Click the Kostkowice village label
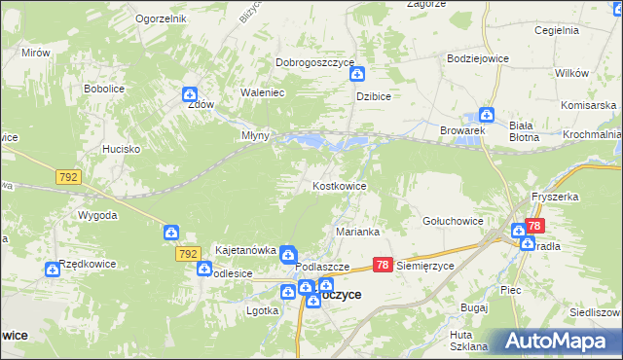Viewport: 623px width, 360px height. pyautogui.click(x=339, y=185)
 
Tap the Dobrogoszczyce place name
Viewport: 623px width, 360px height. pyautogui.click(x=313, y=62)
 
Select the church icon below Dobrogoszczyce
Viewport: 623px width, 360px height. pyautogui.click(x=357, y=74)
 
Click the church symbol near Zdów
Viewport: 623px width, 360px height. pyautogui.click(x=189, y=94)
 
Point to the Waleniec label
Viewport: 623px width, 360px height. pyautogui.click(x=261, y=93)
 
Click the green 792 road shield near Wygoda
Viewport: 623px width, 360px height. pyautogui.click(x=68, y=177)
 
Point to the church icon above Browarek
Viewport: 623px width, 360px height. pyautogui.click(x=487, y=114)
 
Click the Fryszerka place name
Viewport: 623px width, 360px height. pyautogui.click(x=555, y=197)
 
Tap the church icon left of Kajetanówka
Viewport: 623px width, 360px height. pyautogui.click(x=170, y=233)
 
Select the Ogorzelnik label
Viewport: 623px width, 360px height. pyautogui.click(x=161, y=18)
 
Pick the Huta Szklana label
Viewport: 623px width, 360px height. pyautogui.click(x=460, y=341)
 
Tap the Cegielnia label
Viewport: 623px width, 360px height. pyautogui.click(x=557, y=30)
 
